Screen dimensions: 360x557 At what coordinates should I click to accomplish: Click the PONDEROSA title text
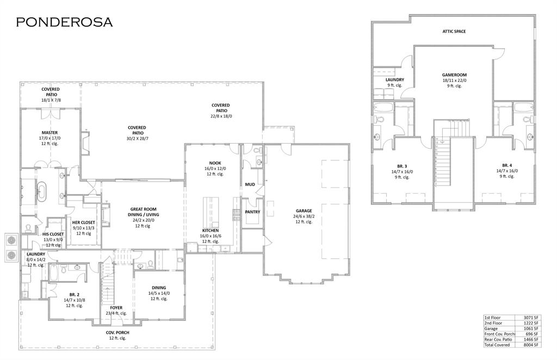click(x=64, y=22)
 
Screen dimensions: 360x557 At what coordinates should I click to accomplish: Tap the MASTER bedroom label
click(x=49, y=133)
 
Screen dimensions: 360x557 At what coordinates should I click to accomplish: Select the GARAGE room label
click(x=304, y=211)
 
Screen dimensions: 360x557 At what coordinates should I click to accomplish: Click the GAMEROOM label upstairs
click(x=454, y=75)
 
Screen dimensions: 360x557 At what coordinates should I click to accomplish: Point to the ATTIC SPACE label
click(x=454, y=32)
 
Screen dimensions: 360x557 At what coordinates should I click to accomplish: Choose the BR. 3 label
click(x=403, y=165)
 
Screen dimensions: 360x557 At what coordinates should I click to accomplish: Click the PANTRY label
click(x=252, y=212)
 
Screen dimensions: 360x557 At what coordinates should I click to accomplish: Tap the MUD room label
click(x=250, y=184)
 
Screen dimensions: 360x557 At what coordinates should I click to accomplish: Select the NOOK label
click(x=215, y=163)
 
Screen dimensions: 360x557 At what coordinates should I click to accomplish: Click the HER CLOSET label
click(x=83, y=222)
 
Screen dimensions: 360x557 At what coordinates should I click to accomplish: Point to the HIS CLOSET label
click(x=53, y=234)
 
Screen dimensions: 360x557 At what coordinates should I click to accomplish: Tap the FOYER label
click(x=116, y=308)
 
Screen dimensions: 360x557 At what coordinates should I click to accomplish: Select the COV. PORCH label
click(x=117, y=332)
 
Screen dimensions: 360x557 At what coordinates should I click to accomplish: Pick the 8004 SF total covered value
click(x=530, y=345)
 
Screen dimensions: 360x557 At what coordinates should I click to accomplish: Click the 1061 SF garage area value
click(x=530, y=328)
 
